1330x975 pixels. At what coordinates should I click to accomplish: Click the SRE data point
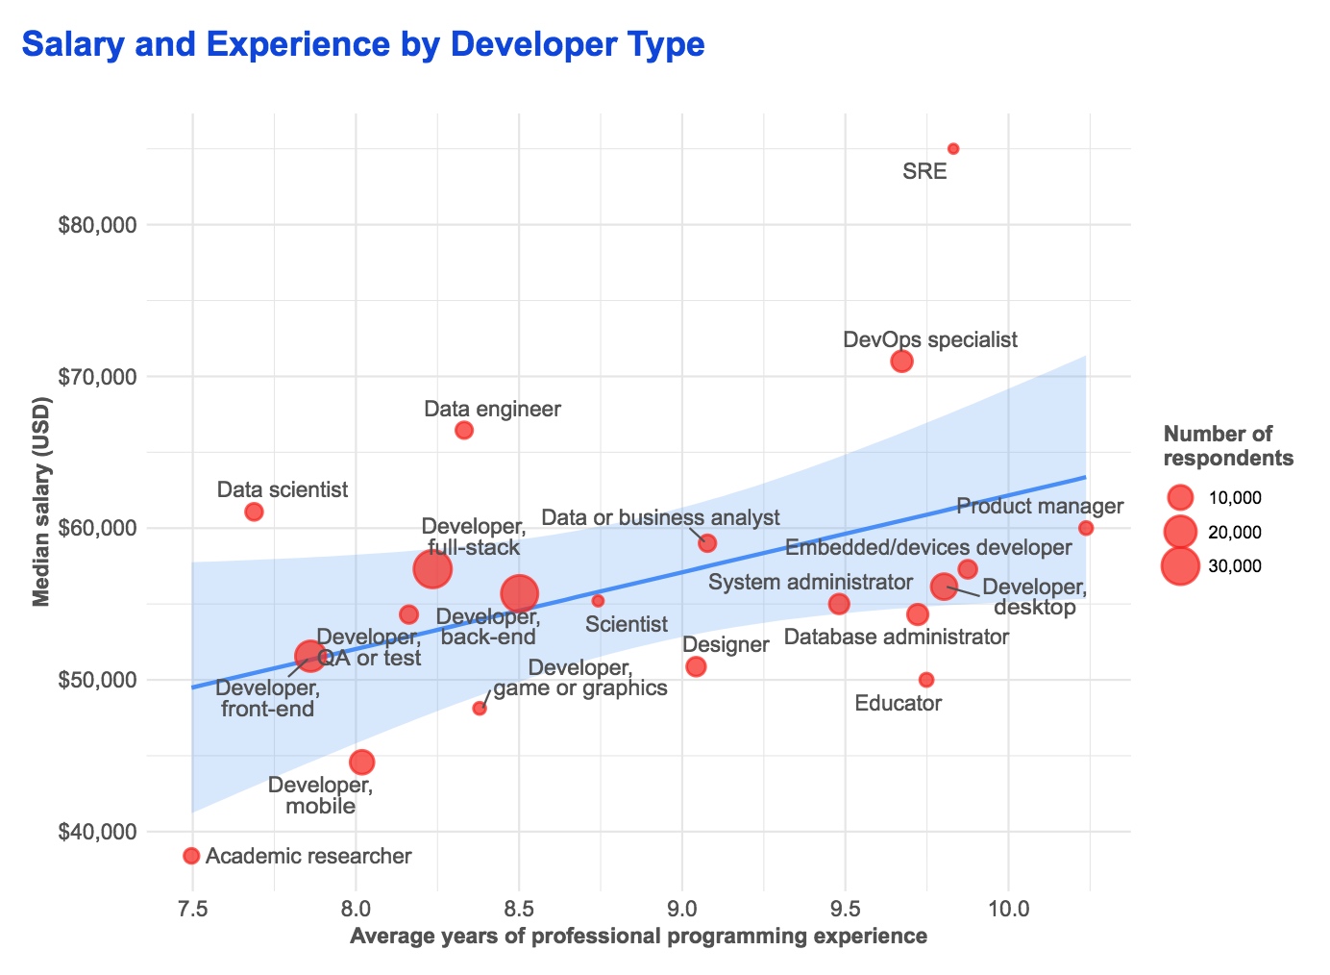953,149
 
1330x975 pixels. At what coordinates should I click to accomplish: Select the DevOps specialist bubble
901,362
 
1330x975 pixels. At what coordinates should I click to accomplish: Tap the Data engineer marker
464,430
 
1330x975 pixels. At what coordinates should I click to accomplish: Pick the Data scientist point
254,512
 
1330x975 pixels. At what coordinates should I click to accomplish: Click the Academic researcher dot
191,856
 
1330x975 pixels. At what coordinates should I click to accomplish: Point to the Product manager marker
1086,528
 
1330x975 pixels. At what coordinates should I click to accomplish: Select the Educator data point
926,680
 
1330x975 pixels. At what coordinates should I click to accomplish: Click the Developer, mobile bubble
362,762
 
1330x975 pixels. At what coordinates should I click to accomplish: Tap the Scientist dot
598,601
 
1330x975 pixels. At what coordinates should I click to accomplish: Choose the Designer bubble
697,666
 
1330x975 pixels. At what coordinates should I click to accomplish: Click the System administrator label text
810,582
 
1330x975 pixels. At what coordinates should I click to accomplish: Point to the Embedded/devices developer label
927,548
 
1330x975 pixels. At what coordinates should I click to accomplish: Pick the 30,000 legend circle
1180,566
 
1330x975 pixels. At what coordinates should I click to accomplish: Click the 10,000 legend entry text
1234,498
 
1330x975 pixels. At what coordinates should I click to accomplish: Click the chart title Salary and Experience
362,44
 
